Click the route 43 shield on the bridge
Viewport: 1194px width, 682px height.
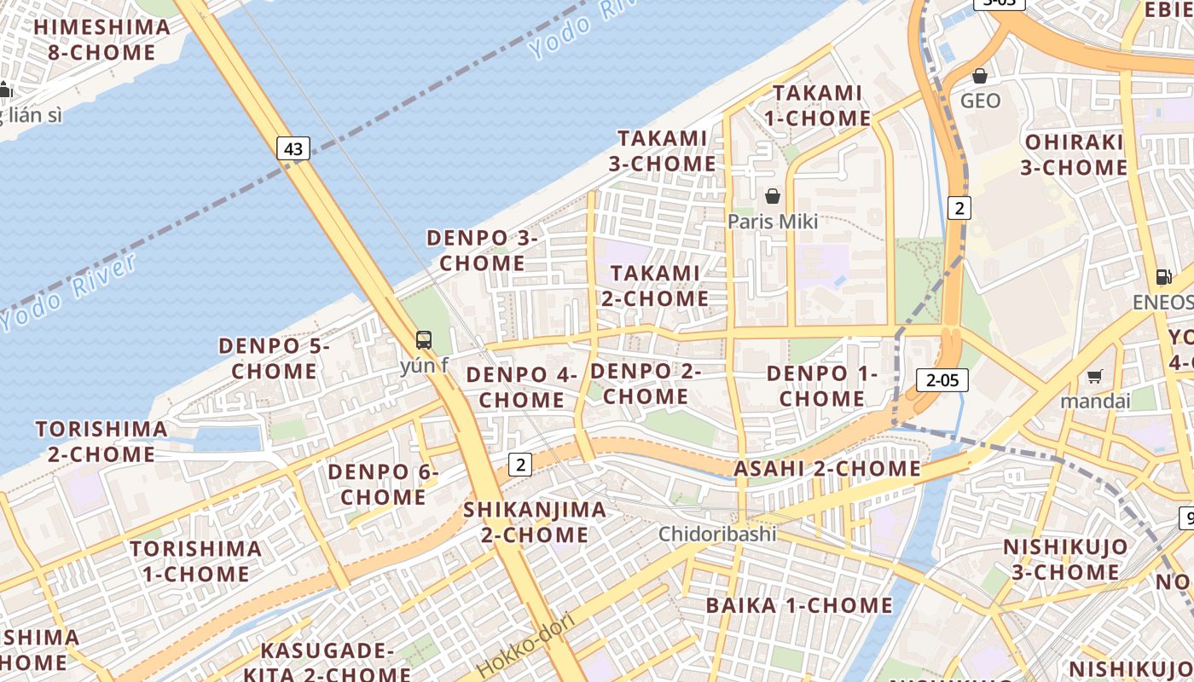tap(293, 148)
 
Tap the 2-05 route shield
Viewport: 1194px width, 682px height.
tap(942, 380)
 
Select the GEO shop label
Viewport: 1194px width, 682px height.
tap(980, 101)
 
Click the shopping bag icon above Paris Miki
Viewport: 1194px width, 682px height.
tap(773, 197)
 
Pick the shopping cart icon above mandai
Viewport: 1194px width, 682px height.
tap(1095, 376)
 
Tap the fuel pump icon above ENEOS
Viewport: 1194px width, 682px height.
tap(1163, 276)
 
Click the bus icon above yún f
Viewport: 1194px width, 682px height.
tap(424, 340)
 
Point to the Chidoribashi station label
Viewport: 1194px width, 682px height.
tap(717, 534)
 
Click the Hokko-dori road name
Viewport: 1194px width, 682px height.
tap(524, 645)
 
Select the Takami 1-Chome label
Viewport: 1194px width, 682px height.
tap(817, 105)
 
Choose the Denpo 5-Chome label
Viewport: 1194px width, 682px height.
tap(274, 358)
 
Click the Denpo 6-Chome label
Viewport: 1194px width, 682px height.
tap(383, 483)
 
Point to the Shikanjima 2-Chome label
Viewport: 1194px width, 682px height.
tap(535, 522)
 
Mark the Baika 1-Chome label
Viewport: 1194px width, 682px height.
tap(799, 605)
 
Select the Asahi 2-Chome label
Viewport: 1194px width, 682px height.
tap(827, 469)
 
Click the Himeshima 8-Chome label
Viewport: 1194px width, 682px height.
tap(102, 39)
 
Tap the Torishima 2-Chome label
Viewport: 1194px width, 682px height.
tap(101, 441)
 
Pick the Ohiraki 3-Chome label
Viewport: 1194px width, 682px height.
tap(1074, 154)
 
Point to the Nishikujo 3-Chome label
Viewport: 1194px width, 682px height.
tap(1064, 558)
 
